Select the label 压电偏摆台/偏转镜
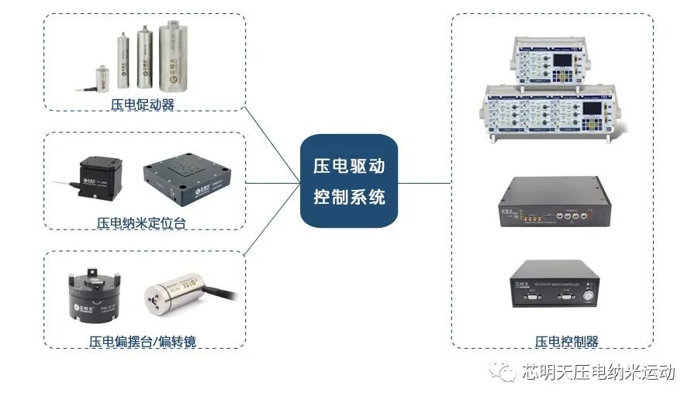(142, 341)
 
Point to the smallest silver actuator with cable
(102, 78)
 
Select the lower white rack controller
(551, 112)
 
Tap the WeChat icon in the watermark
(507, 374)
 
